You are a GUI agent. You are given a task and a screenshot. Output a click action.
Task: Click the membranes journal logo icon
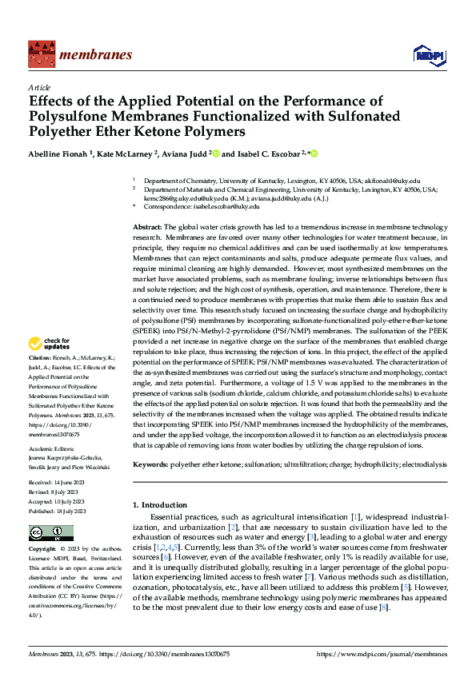pos(39,53)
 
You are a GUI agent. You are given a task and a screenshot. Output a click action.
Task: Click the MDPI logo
pos(426,54)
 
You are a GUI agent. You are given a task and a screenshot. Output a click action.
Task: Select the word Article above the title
pos(39,88)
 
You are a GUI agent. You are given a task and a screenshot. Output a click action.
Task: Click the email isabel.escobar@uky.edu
pos(226,206)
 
